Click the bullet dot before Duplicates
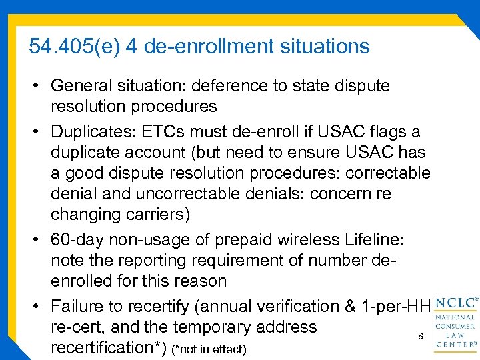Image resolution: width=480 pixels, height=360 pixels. click(37, 130)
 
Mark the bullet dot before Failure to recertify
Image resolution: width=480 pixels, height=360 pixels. click(37, 306)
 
